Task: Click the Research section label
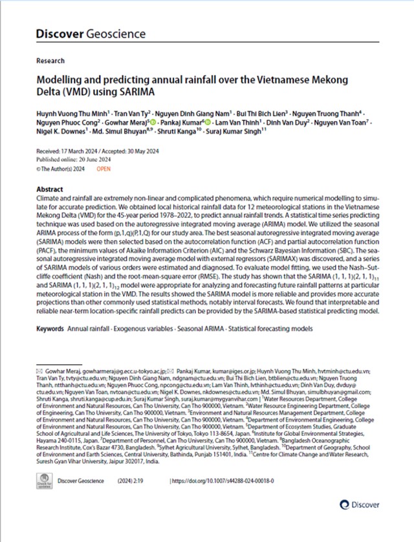click(x=50, y=61)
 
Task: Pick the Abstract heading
click(x=50, y=184)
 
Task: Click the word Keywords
click(x=50, y=329)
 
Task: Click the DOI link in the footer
click(x=223, y=481)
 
